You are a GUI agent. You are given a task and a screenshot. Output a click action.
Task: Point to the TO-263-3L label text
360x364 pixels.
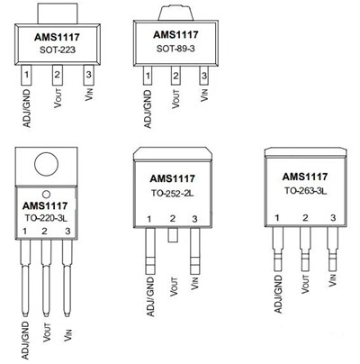[x=304, y=192]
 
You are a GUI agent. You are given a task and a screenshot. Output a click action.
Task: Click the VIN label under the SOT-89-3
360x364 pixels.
[x=207, y=93]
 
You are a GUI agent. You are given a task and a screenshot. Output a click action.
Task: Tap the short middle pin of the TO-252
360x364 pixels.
[x=168, y=236]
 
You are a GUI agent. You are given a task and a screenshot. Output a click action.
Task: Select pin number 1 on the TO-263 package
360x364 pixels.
[x=279, y=218]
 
